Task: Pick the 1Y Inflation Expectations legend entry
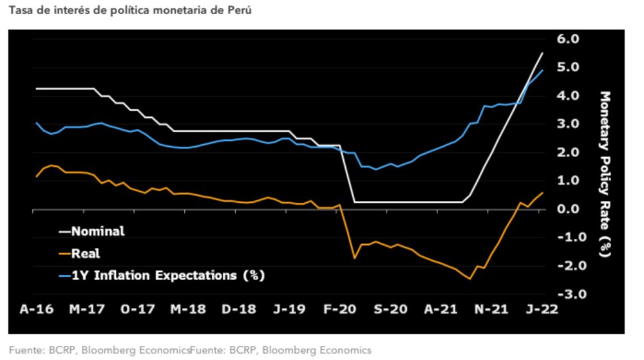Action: pyautogui.click(x=161, y=276)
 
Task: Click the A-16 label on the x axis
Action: pyautogui.click(x=36, y=309)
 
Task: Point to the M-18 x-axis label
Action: pyautogui.click(x=188, y=309)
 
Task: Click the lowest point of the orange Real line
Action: pyautogui.click(x=470, y=279)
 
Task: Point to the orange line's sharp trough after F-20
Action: pyautogui.click(x=354, y=258)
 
